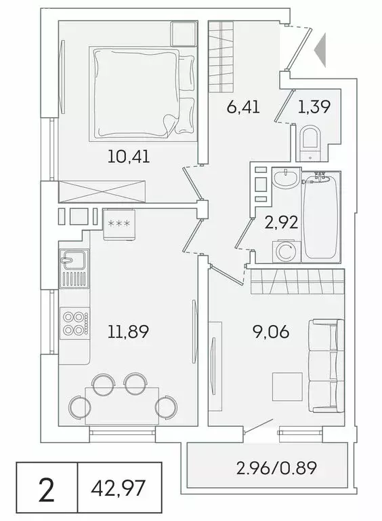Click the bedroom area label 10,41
pyautogui.click(x=128, y=157)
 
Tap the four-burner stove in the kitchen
pyautogui.click(x=74, y=322)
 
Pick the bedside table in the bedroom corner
pyautogui.click(x=184, y=33)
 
